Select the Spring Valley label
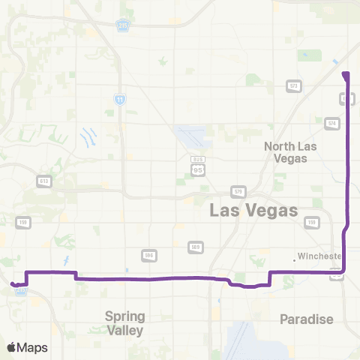click(124, 322)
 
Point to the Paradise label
click(306, 319)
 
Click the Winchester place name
click(319, 256)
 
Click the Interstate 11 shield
click(120, 98)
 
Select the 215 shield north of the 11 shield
click(122, 26)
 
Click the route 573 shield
click(294, 86)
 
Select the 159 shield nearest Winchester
click(310, 223)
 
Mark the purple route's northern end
click(345, 73)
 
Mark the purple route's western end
click(13, 283)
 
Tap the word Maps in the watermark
click(33, 347)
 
